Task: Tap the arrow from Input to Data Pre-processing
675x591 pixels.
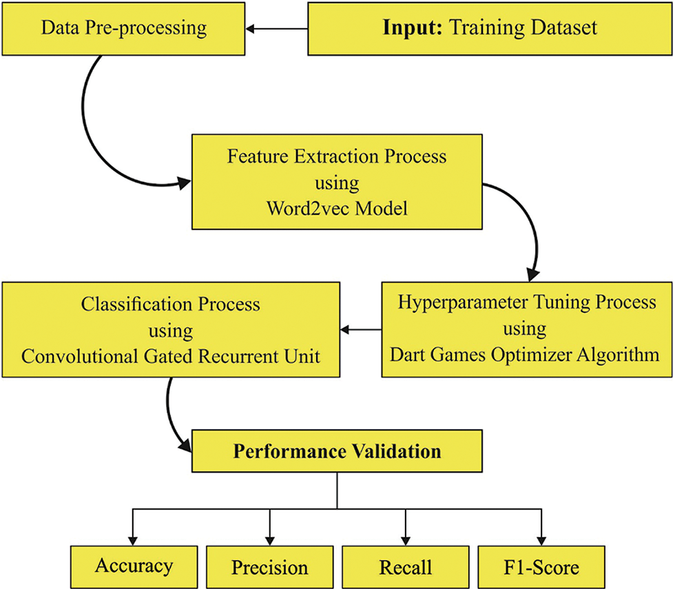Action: (x=276, y=29)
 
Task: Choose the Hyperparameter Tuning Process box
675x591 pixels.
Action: (x=528, y=329)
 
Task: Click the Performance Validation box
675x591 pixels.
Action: (x=336, y=452)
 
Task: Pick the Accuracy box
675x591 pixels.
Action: (x=134, y=567)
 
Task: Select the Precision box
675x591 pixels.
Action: (x=269, y=568)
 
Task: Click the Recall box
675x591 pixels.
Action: (x=405, y=568)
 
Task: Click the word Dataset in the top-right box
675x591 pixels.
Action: (x=565, y=29)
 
